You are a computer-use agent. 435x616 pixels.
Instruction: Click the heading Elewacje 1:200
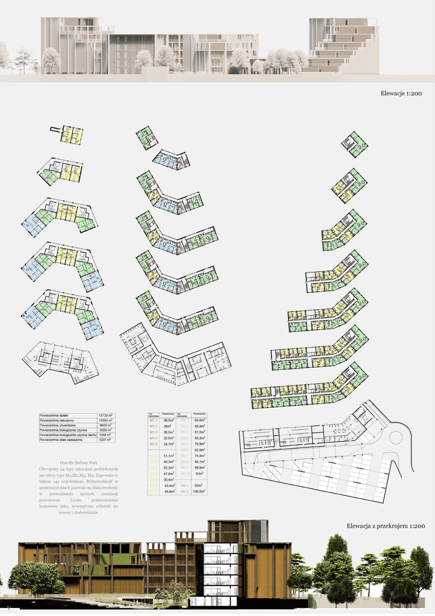click(400, 94)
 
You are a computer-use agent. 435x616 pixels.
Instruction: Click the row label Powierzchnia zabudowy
click(58, 420)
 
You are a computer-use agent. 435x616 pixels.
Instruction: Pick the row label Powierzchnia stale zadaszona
click(62, 440)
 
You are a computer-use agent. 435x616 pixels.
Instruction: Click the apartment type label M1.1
click(153, 421)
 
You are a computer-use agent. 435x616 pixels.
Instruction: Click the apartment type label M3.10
click(185, 473)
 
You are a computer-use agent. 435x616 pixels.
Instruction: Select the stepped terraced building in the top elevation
click(343, 43)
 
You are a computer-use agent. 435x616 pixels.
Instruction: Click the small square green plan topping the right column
click(355, 143)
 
